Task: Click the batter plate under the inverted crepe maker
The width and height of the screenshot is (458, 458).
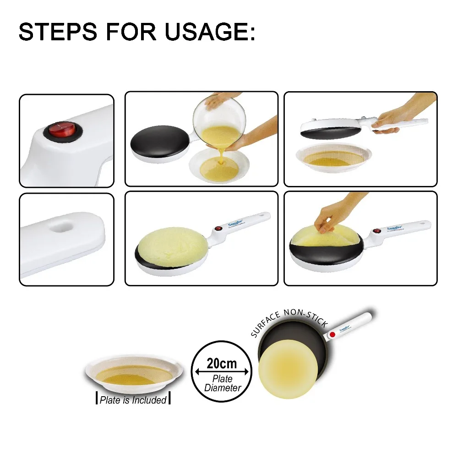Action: (x=333, y=158)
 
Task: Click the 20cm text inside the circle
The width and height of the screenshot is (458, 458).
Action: (x=222, y=364)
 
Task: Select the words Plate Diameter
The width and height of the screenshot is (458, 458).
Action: (x=222, y=383)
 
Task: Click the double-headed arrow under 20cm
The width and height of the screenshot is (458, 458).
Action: (x=222, y=371)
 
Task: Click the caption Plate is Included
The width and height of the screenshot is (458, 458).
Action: (x=133, y=400)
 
